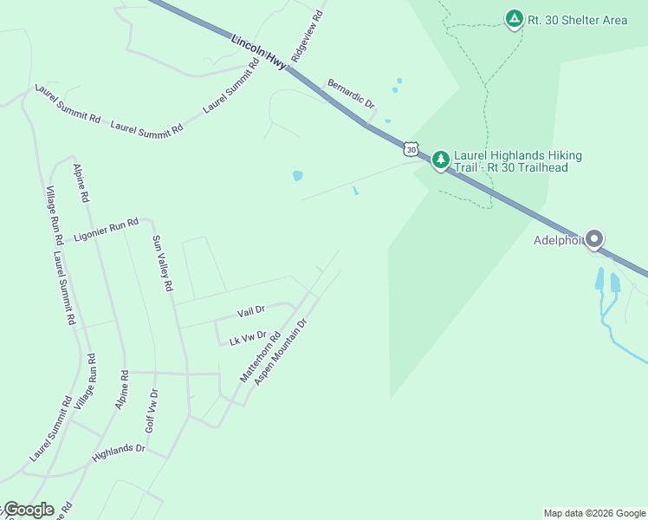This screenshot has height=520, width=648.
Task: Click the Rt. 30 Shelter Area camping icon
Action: point(515,18)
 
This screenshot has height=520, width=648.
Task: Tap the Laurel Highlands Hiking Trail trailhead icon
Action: point(441,159)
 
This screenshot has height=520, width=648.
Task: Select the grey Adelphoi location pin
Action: point(594,238)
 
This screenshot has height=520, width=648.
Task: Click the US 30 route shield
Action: point(411,149)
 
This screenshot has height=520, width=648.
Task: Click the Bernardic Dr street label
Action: point(350,94)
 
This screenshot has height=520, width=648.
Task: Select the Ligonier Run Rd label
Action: point(106,230)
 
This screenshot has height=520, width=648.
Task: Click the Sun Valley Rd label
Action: point(162,263)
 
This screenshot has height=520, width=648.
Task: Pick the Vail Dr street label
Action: point(250,310)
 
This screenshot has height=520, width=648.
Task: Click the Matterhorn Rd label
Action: point(260,357)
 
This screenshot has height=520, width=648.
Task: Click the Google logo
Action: point(29,510)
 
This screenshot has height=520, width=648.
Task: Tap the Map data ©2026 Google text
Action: point(594,513)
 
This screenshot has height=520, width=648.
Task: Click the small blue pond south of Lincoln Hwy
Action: point(297,176)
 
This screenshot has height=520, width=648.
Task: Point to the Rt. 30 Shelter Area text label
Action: point(578,20)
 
